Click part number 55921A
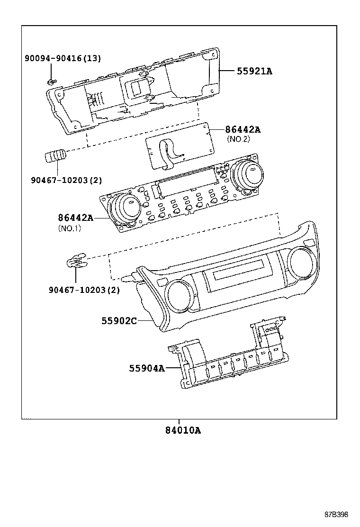254,72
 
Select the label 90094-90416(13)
63,58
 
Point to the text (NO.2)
238,139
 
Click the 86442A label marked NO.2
243,129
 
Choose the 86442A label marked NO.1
76,218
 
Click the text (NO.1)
70,228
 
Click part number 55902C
119,321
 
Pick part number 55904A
147,368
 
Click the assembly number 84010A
183,431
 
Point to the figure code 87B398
336,514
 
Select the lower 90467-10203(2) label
83,290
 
